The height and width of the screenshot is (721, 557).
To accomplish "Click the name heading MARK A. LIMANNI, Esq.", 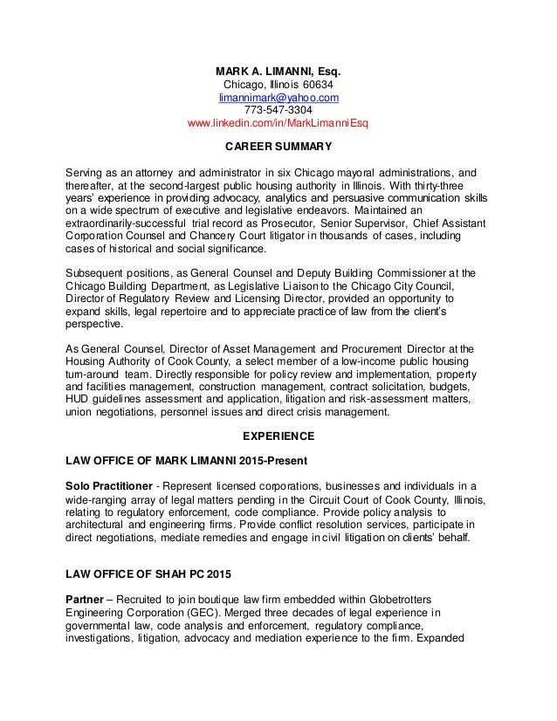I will pyautogui.click(x=278, y=70).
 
